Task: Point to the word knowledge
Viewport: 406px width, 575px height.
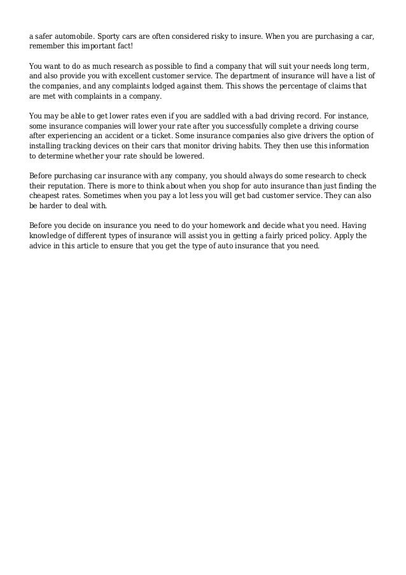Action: pos(50,236)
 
